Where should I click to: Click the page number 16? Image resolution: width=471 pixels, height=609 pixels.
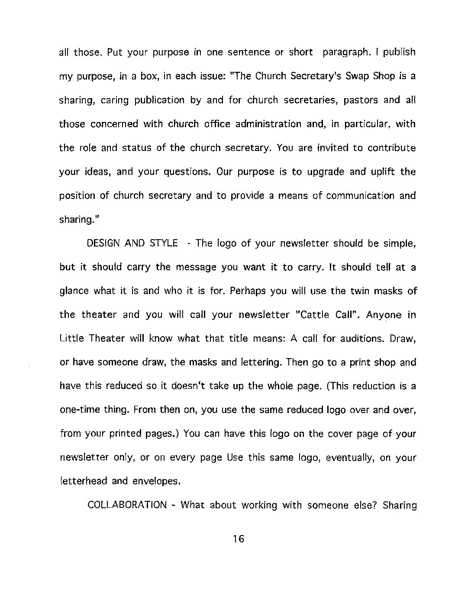pos(239,539)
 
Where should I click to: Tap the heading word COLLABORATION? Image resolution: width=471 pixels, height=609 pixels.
pos(127,505)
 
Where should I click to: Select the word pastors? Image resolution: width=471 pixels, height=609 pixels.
pos(361,100)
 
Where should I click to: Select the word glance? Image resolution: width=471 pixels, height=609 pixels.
pos(74,291)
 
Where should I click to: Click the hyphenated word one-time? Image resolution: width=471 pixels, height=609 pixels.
pos(79,410)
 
